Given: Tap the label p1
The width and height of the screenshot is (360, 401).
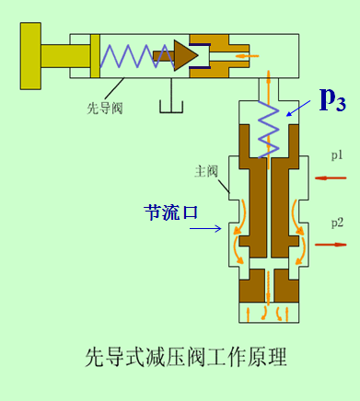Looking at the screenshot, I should [x=338, y=155].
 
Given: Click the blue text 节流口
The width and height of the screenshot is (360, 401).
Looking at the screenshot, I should [x=170, y=186].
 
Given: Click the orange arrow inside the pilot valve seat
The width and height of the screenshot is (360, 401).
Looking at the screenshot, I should [x=247, y=55].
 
